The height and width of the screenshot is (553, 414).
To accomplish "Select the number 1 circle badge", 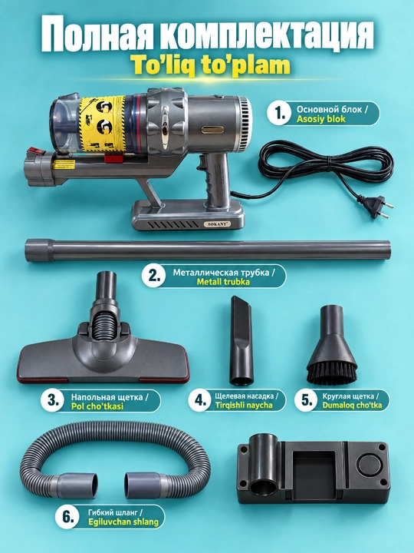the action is pyautogui.click(x=279, y=114).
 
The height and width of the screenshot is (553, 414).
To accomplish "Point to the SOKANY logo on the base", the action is pyautogui.click(x=216, y=224).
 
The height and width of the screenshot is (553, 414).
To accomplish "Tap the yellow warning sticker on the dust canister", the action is pyautogui.click(x=102, y=124).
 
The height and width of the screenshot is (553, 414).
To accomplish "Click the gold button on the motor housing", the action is pyautogui.click(x=212, y=130).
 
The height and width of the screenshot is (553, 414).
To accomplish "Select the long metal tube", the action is pyautogui.click(x=208, y=250).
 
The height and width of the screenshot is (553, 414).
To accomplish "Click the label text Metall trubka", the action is pyautogui.click(x=223, y=282).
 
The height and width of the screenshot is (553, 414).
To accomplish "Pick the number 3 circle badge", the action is pyautogui.click(x=52, y=400).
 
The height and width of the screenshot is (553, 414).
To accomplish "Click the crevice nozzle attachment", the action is pyautogui.click(x=242, y=341).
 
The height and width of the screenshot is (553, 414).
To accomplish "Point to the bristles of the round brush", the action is pyautogui.click(x=332, y=373).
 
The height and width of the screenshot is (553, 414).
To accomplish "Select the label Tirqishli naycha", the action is pyautogui.click(x=244, y=405).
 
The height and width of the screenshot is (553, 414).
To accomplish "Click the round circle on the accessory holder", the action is pyautogui.click(x=370, y=464).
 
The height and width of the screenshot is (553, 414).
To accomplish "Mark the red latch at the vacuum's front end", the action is pyautogui.click(x=35, y=153).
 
